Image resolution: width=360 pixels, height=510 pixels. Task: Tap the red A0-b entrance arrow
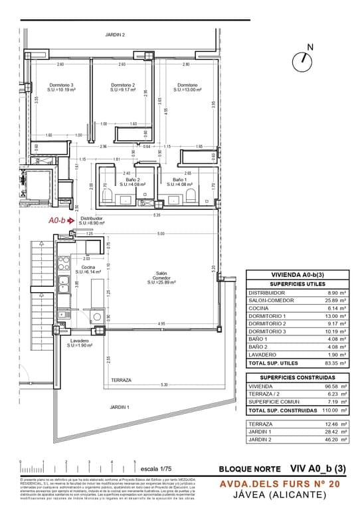click(70, 221)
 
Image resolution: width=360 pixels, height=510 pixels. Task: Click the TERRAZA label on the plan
click(121, 381)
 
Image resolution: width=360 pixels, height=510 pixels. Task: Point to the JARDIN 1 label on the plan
click(120, 407)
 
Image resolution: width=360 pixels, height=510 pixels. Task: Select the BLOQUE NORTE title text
click(245, 468)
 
